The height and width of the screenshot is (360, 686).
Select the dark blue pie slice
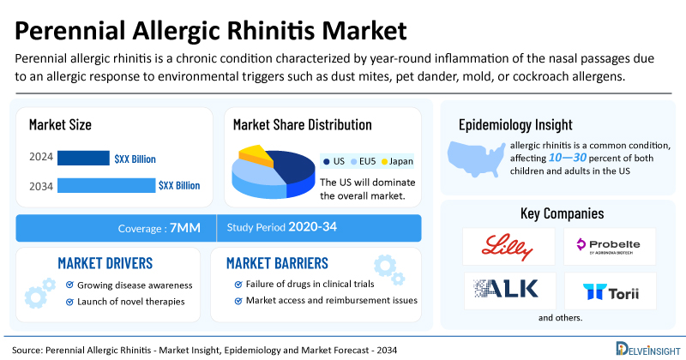[292, 167]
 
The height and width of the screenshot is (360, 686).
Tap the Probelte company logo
[609, 246]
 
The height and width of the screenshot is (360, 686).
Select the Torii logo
[609, 291]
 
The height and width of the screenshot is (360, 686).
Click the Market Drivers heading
[105, 262]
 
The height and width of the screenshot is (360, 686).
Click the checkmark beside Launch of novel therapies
[69, 302]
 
